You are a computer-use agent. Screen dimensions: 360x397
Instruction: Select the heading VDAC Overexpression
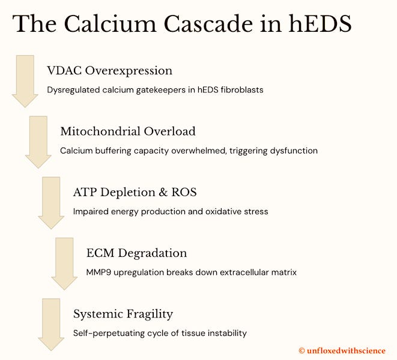pyautogui.click(x=109, y=71)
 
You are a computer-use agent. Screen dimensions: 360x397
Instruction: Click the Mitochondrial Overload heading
pyautogui.click(x=127, y=131)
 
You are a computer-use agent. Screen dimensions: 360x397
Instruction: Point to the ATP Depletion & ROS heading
pyautogui.click(x=135, y=193)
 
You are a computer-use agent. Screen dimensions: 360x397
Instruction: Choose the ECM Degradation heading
pyautogui.click(x=136, y=253)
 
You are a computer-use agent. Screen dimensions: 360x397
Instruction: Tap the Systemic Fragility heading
pyautogui.click(x=123, y=314)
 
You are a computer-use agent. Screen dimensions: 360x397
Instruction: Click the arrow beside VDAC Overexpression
pyautogui.click(x=25, y=81)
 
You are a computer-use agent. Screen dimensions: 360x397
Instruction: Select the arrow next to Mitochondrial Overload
pyautogui.click(x=38, y=142)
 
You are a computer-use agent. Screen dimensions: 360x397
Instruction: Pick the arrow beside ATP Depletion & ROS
pyautogui.click(x=51, y=202)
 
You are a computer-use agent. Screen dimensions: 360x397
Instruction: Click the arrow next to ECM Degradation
pyautogui.click(x=64, y=263)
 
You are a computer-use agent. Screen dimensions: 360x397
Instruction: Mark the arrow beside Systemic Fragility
pyautogui.click(x=51, y=324)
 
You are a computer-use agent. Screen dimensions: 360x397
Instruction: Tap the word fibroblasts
pyautogui.click(x=241, y=90)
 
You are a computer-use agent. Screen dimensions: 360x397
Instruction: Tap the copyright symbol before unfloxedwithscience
pyautogui.click(x=302, y=350)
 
